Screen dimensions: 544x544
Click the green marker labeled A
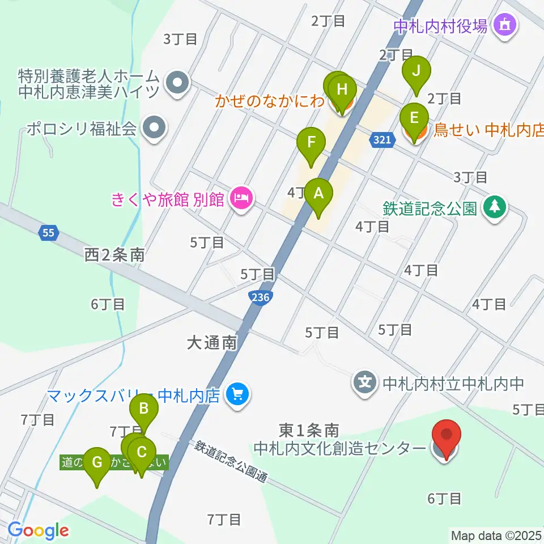pyautogui.click(x=318, y=194)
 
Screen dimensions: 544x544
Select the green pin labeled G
pyautogui.click(x=97, y=461)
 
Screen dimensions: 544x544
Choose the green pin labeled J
pyautogui.click(x=416, y=72)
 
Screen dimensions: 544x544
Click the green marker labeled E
pyautogui.click(x=414, y=118)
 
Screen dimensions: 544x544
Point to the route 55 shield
pyautogui.click(x=49, y=232)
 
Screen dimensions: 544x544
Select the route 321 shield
pyautogui.click(x=383, y=139)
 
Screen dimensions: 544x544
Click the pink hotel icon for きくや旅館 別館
pyautogui.click(x=243, y=199)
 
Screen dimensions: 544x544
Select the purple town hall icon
pyautogui.click(x=503, y=25)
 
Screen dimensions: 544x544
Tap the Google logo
pyautogui.click(x=38, y=531)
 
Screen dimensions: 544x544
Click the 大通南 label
pyautogui.click(x=212, y=343)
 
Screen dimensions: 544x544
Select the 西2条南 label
pyautogui.click(x=114, y=255)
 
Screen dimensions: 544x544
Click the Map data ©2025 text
pyautogui.click(x=496, y=535)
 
